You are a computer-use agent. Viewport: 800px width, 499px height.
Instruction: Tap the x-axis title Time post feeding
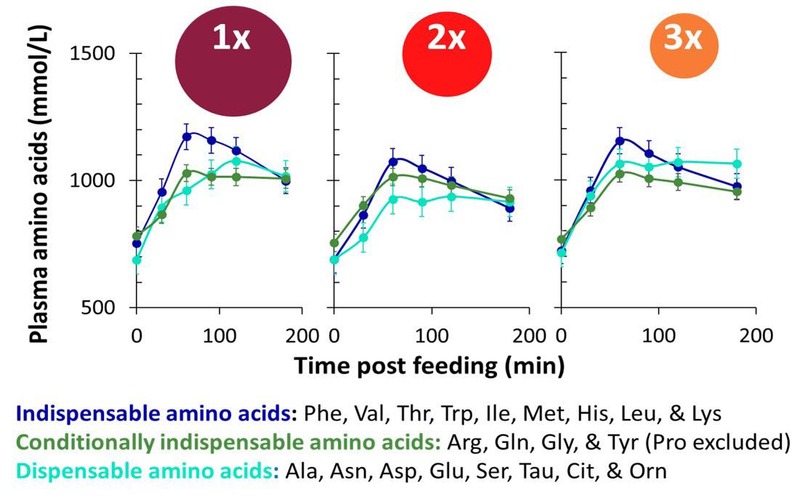tap(429, 365)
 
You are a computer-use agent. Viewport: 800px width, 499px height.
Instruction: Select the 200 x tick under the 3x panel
tap(756, 336)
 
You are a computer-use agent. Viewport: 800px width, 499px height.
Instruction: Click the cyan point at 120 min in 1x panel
tap(235, 161)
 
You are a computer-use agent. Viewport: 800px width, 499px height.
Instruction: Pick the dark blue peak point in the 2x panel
tap(393, 161)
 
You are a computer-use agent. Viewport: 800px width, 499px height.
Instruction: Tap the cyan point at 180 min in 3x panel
tap(737, 164)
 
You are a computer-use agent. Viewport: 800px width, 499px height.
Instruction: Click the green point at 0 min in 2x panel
tap(334, 244)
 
